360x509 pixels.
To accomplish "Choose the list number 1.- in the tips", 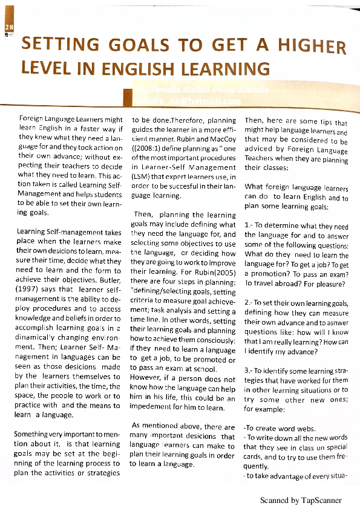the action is click(x=250, y=226).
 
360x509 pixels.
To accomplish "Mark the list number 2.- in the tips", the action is click(x=251, y=302).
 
